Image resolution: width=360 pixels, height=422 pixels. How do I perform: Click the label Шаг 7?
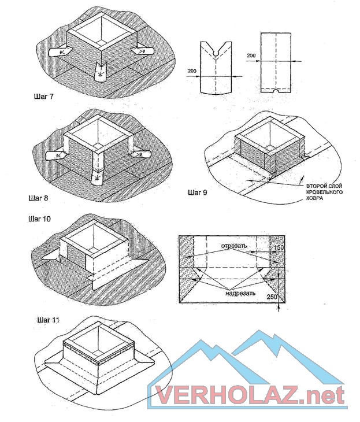click(43, 97)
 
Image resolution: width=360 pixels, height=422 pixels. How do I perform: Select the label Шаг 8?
click(38, 198)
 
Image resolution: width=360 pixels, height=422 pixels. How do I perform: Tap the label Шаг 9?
click(198, 193)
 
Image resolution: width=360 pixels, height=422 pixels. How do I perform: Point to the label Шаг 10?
click(39, 219)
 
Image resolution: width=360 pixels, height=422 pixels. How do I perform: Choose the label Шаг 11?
click(48, 320)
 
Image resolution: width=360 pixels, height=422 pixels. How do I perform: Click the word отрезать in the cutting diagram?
click(234, 246)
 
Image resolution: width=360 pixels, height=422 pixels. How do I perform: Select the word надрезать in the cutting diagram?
click(240, 293)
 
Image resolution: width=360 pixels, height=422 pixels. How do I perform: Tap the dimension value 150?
click(279, 247)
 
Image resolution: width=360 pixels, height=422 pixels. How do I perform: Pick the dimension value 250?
click(272, 297)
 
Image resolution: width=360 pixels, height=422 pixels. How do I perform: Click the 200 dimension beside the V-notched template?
click(192, 71)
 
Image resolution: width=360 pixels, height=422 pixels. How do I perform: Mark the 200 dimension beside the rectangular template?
click(251, 55)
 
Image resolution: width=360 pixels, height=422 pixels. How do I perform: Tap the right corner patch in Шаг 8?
click(139, 154)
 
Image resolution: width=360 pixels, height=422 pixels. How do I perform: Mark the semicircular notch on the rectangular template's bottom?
click(276, 91)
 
